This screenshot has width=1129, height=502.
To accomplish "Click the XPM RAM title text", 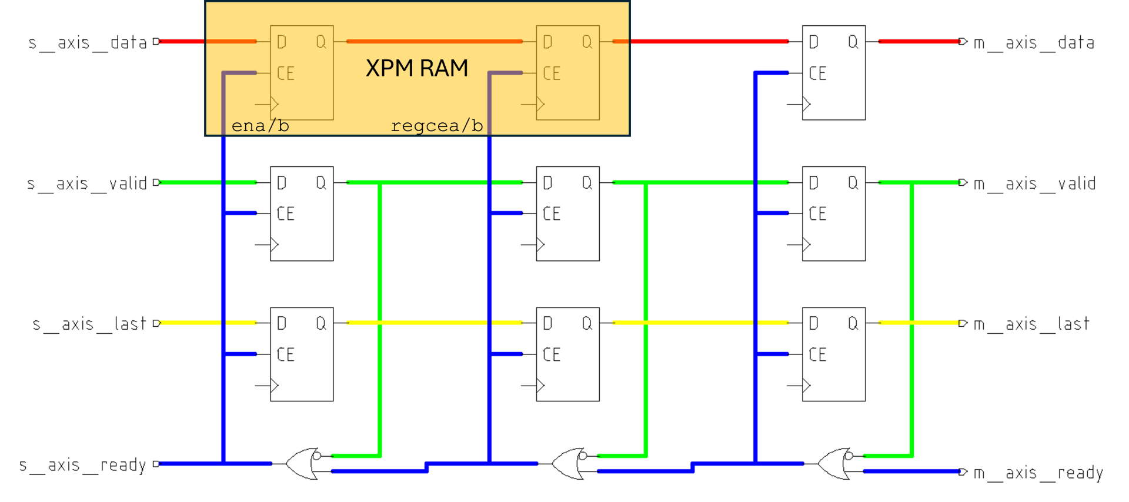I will (416, 68).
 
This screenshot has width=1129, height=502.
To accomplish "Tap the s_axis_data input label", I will (88, 42).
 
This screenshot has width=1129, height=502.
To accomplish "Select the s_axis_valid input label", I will (87, 183).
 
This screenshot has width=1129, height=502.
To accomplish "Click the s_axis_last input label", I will (89, 324).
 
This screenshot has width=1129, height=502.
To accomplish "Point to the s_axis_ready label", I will (83, 465).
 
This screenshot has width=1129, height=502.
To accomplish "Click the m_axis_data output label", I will (1034, 42).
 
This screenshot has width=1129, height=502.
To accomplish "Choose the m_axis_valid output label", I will (1034, 183).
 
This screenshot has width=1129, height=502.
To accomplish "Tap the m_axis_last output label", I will (1031, 324).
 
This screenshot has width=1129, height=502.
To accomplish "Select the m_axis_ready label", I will (1038, 473).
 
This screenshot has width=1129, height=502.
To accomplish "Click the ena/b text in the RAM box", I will (260, 126).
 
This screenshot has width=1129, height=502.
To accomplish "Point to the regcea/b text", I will (436, 126).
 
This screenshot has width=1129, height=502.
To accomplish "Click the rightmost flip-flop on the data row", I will (833, 72).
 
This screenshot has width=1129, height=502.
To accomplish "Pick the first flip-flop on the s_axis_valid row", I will (302, 213).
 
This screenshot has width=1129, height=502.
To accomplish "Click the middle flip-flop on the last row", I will (567, 354).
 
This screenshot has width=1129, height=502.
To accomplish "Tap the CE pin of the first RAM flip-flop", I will (286, 73).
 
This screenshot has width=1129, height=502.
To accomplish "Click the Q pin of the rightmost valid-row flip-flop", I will (853, 183).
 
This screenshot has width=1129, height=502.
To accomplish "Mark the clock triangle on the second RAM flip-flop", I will (540, 105).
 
